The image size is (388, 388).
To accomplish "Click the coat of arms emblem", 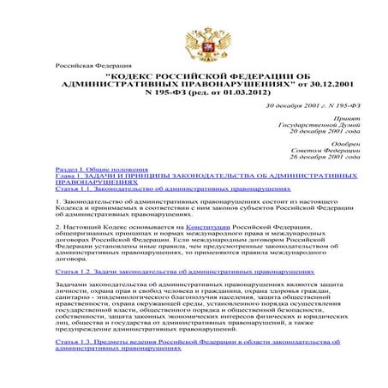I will pyautogui.click(x=193, y=39).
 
